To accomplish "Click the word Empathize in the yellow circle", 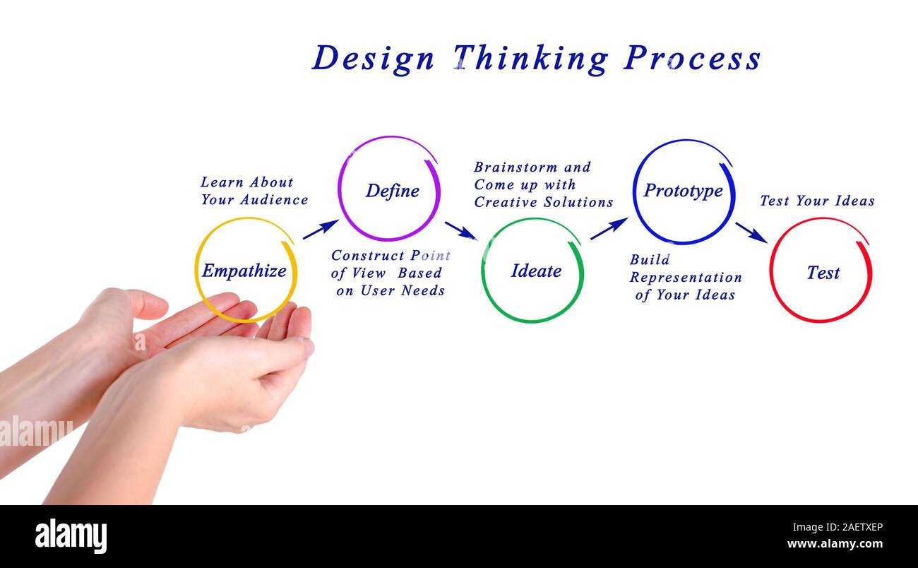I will coord(244,271).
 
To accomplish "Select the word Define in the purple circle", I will coord(393,191).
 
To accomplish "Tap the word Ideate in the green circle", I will coord(536,271).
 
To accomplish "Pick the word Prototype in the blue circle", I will coord(683,191).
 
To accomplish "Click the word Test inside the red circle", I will coord(823,273).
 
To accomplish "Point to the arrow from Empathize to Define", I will coord(321,229).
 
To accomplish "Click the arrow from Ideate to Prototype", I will coord(609,228).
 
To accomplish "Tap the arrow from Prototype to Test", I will coord(751,232).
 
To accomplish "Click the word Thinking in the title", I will coord(530,58).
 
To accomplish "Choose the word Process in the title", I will coord(692,58).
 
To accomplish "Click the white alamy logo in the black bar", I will coord(71,536).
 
